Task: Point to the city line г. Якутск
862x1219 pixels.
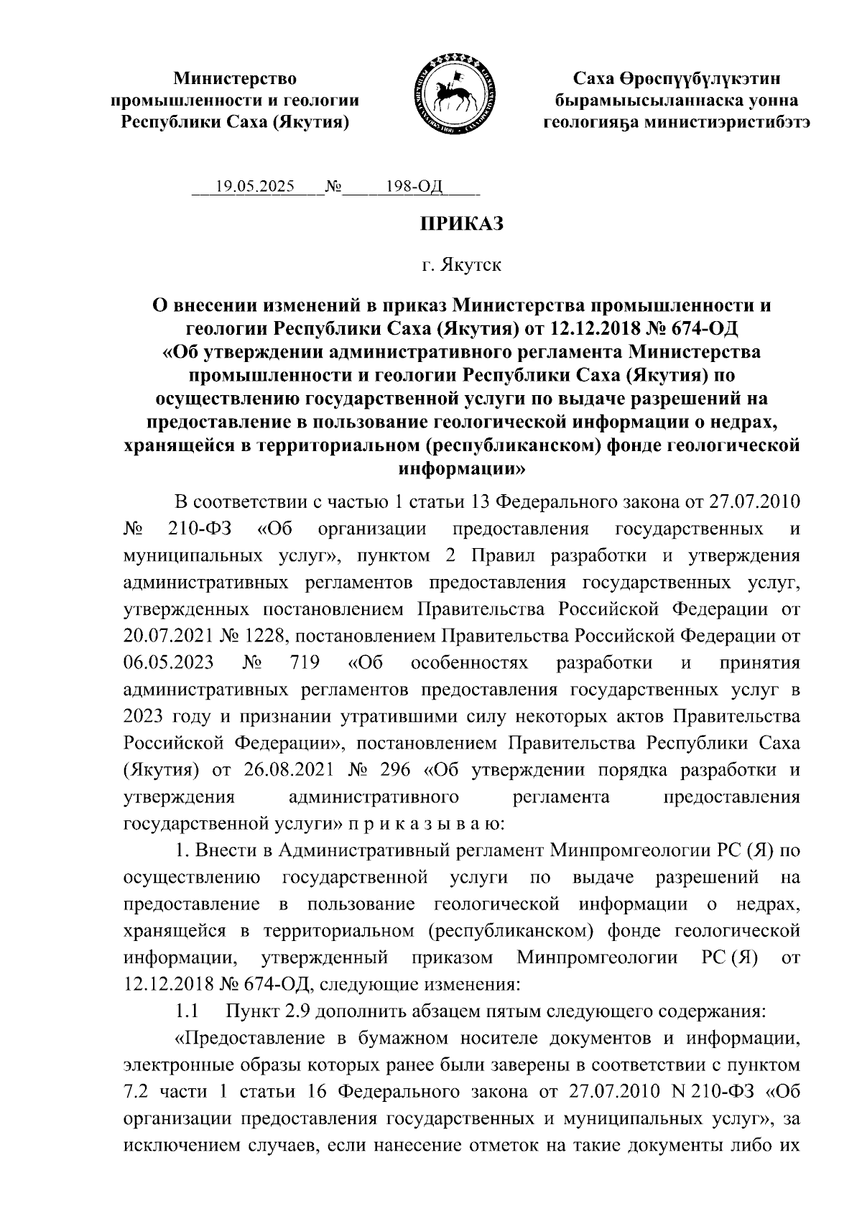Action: click(462, 266)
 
